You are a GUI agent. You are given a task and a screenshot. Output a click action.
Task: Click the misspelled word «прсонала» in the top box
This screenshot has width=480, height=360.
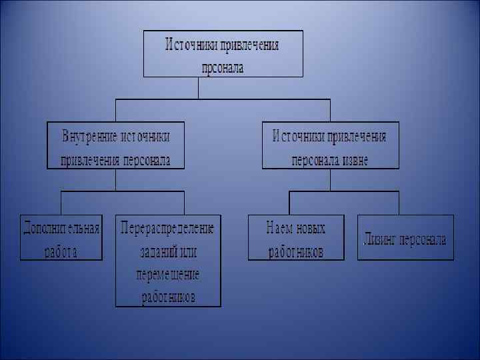pos(223,67)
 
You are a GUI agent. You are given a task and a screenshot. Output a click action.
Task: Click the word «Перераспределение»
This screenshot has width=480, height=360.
pos(168,228)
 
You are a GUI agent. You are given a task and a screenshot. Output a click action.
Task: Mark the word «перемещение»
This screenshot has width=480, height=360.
pos(168,274)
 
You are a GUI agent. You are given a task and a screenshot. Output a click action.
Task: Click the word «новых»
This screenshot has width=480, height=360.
pos(311,228)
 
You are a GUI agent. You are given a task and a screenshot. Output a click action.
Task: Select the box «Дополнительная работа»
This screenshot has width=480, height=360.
pos(61,237)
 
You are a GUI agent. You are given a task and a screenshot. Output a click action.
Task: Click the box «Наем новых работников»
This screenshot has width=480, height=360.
pos(296,237)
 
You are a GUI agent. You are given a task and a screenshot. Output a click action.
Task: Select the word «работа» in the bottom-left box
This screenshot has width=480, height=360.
pos(61,251)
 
